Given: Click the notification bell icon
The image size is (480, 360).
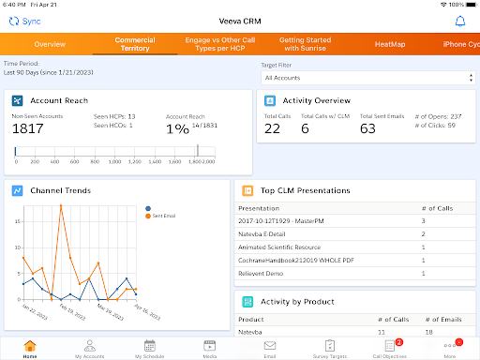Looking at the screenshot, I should (x=459, y=21).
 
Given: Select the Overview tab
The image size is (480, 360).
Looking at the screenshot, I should (x=49, y=44).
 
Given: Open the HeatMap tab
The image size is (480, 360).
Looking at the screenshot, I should (x=389, y=44).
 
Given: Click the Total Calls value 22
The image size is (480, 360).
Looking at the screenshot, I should (x=272, y=128).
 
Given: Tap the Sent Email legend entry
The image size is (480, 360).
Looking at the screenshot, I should (x=164, y=216).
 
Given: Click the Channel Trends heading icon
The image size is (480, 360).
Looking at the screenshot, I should (x=18, y=190).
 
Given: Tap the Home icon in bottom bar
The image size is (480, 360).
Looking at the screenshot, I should (x=30, y=348).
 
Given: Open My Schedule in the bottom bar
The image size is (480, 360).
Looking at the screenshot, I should (x=149, y=348).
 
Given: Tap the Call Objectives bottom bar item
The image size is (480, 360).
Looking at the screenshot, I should (x=389, y=348).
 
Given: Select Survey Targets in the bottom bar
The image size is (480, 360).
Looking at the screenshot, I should (x=329, y=348).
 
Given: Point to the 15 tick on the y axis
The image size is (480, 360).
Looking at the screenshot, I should (x=16, y=221).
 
